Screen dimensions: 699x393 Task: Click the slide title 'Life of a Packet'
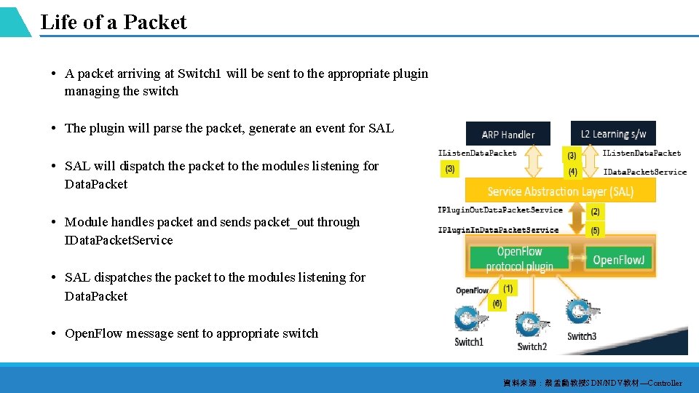click(114, 22)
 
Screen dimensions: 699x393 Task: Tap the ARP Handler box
click(508, 134)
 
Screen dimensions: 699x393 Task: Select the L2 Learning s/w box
click(614, 133)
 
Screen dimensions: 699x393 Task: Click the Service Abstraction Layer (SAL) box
click(560, 191)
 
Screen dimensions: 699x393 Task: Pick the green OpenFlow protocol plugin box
click(519, 258)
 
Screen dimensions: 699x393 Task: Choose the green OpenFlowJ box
click(618, 260)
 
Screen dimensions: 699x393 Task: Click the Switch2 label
click(532, 346)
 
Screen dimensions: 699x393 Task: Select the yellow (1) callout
click(508, 288)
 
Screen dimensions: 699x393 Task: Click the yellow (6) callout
click(497, 303)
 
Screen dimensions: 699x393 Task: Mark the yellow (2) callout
click(595, 212)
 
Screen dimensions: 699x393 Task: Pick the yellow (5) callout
click(595, 231)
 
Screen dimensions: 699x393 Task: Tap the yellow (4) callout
click(572, 172)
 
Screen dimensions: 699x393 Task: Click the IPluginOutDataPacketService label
click(500, 210)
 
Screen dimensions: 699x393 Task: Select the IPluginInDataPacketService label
click(498, 230)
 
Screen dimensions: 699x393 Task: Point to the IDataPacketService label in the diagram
click(644, 172)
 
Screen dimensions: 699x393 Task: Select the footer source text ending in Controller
click(592, 383)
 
